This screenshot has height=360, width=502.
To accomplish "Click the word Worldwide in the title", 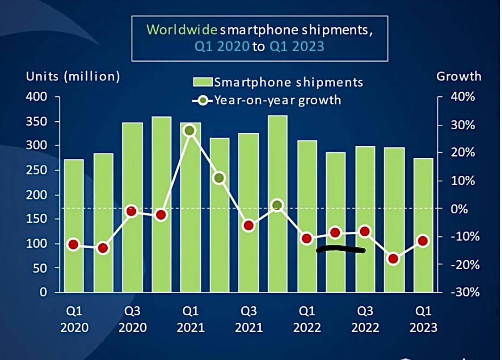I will click(182, 30).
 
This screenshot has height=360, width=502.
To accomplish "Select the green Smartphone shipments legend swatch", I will click(202, 82).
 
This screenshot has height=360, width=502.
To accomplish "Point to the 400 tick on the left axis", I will click(38, 97).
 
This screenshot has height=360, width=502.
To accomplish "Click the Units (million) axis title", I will click(73, 76).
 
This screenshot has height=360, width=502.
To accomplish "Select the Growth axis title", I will click(459, 76).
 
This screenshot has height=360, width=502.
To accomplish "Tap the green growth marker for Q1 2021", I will click(190, 131).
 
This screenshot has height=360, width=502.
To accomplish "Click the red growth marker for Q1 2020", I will click(73, 245).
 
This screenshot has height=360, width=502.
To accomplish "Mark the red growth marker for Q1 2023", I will click(422, 241).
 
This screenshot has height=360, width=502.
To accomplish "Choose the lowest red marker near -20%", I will click(393, 259).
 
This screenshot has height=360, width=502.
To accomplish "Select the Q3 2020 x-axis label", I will click(132, 319).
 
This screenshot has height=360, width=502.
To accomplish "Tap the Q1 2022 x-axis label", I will click(307, 319).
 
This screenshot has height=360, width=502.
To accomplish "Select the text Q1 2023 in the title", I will click(296, 46).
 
